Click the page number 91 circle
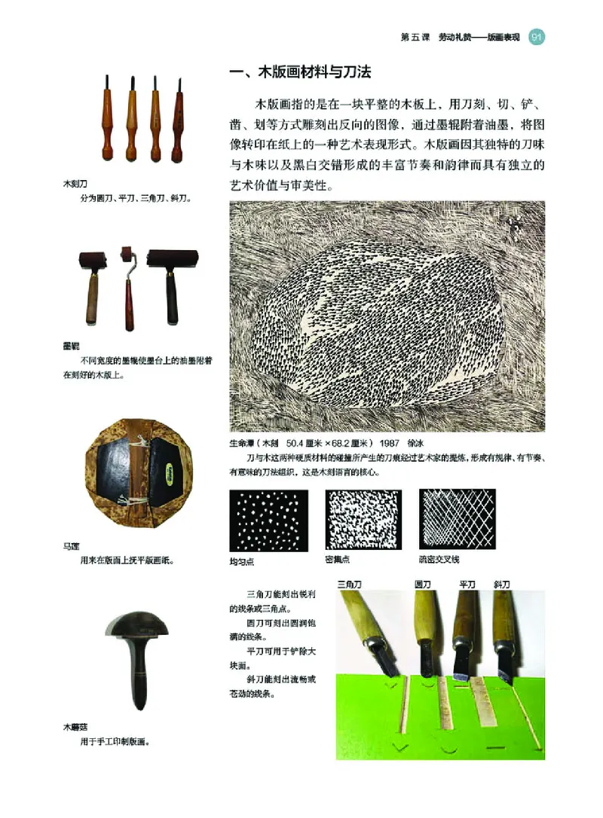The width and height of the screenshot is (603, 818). click(537, 37)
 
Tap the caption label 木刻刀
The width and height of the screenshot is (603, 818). click(75, 184)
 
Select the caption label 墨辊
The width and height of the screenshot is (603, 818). click(71, 346)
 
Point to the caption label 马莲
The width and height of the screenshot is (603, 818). click(71, 547)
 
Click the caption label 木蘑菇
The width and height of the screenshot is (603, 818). click(75, 728)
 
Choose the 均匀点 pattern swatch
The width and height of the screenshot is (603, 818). click(268, 520)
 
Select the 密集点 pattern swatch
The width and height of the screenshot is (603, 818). click(363, 520)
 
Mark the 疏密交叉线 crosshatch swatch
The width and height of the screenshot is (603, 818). click(457, 519)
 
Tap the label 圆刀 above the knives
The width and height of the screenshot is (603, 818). click(423, 584)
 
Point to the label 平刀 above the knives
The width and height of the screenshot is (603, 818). click(467, 584)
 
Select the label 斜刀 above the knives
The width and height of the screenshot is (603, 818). click(503, 584)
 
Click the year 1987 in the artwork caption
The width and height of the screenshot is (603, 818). click(391, 444)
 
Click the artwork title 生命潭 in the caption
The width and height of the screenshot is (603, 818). click(241, 444)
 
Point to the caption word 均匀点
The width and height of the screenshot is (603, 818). click(243, 561)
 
